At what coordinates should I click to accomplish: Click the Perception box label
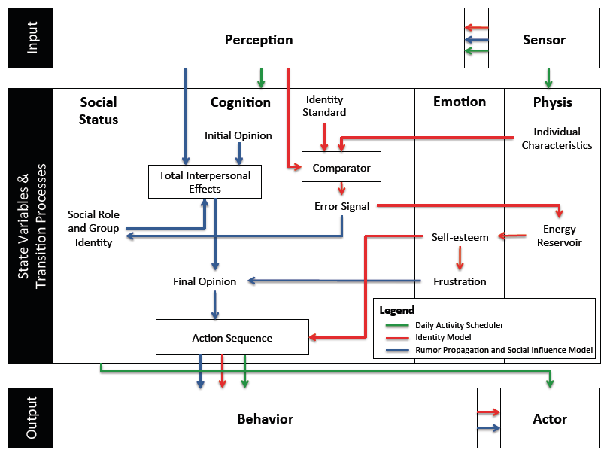click(259, 40)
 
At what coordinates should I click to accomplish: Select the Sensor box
click(544, 40)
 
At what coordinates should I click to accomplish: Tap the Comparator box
click(341, 166)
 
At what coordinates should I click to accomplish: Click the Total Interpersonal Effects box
click(205, 181)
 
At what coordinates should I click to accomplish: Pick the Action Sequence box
click(232, 338)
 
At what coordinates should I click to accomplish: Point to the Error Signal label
click(341, 205)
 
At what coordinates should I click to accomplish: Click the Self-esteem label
click(460, 237)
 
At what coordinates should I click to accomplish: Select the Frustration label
click(460, 281)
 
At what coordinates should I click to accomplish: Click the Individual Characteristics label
click(557, 138)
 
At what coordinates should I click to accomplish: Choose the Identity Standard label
click(326, 106)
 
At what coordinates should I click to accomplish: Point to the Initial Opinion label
click(238, 136)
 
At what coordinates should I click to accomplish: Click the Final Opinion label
click(205, 281)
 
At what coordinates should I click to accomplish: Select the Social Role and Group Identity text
click(93, 228)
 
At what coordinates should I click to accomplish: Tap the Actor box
click(550, 418)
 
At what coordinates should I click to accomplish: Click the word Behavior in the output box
click(265, 418)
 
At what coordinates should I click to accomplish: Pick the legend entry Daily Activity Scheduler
click(460, 325)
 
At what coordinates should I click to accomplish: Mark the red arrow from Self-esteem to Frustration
click(460, 259)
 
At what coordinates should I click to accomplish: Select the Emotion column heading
click(460, 102)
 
